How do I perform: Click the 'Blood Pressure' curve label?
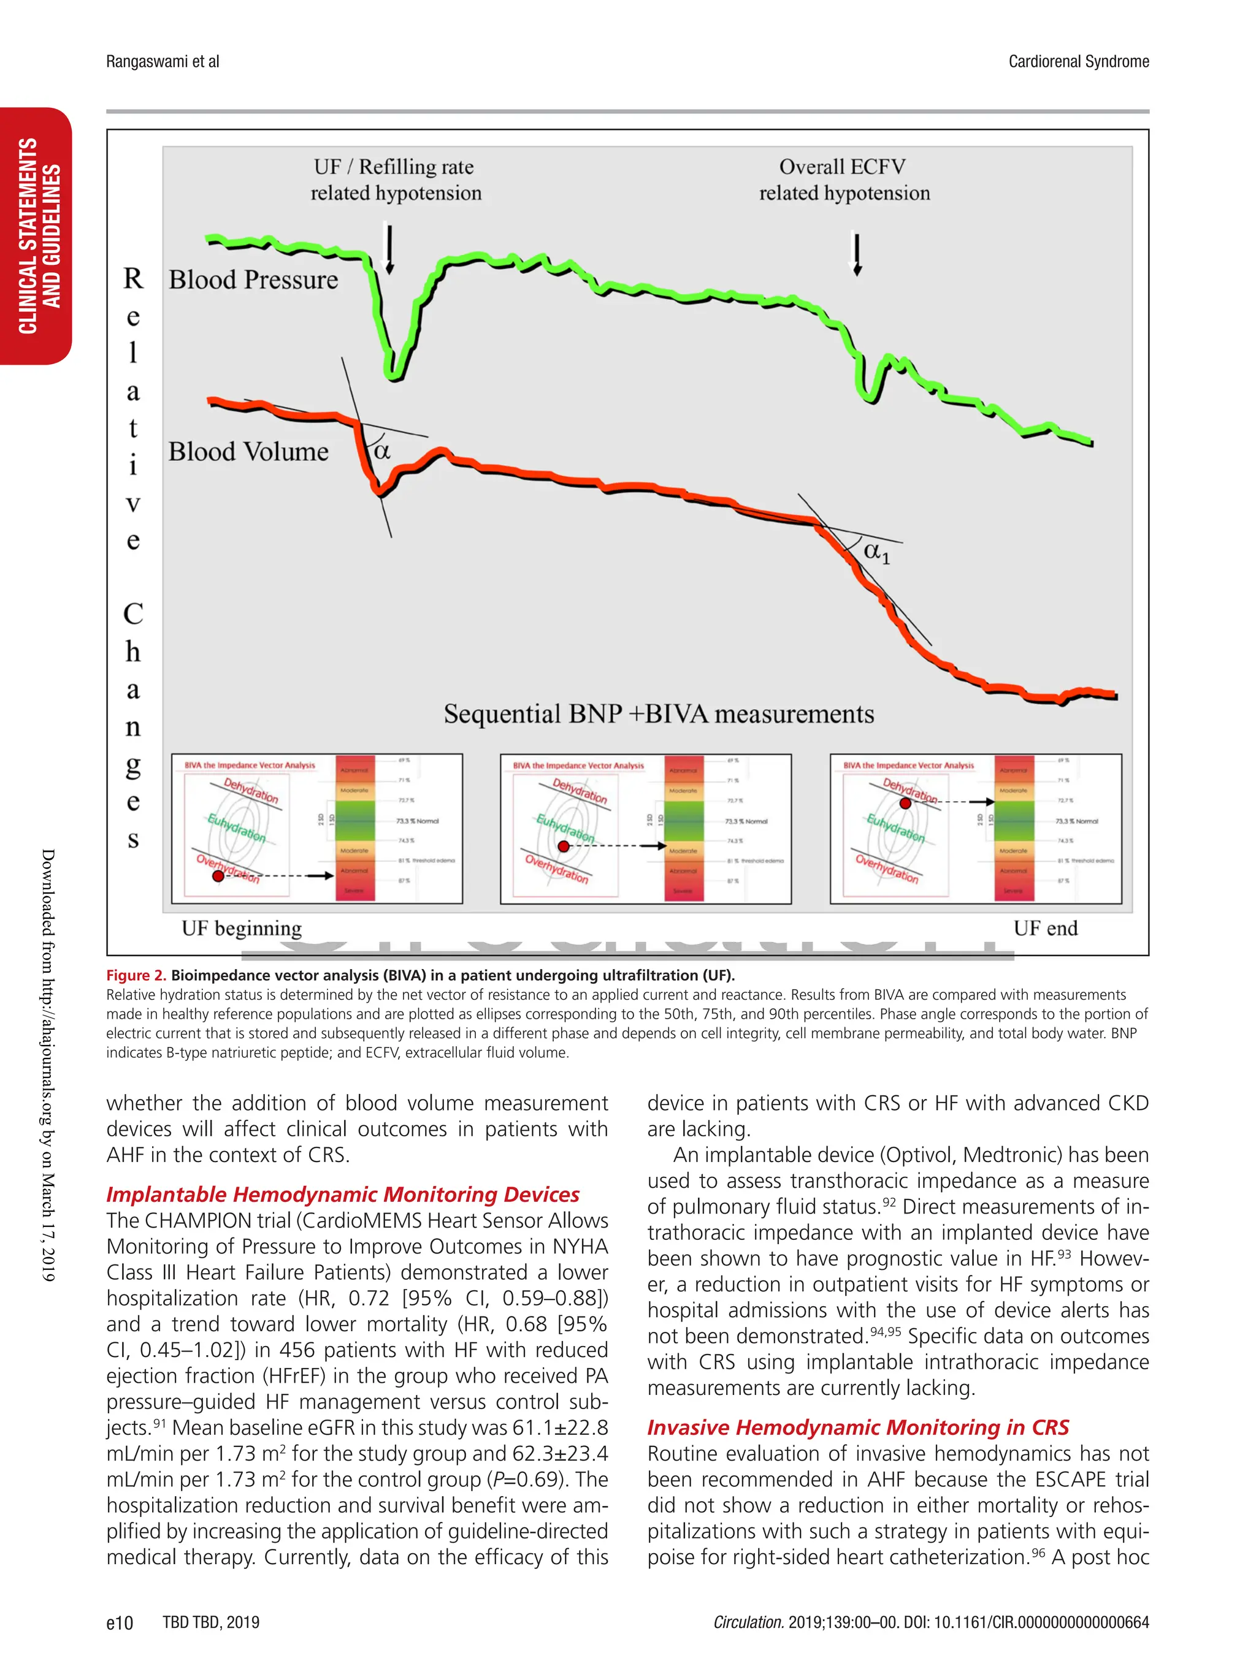tap(253, 279)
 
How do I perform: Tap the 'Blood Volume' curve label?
tap(248, 452)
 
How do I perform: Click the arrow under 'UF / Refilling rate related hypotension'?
tap(389, 248)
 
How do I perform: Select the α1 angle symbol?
tap(876, 552)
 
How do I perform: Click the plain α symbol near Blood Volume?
tap(382, 451)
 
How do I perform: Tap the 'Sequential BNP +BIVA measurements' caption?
tap(659, 714)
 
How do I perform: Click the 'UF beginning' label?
tap(242, 928)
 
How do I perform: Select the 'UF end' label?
tap(1045, 928)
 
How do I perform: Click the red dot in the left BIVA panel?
tap(218, 876)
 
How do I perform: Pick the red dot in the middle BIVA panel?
tap(563, 846)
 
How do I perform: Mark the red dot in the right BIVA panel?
tap(905, 803)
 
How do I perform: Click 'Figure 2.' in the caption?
tap(136, 975)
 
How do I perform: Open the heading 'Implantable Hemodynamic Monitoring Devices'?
tap(343, 1195)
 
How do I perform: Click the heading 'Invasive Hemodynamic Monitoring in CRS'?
tap(858, 1428)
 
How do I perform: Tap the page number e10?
tap(120, 1623)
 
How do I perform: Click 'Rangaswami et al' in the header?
tap(163, 61)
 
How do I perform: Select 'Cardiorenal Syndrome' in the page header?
tap(1078, 61)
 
